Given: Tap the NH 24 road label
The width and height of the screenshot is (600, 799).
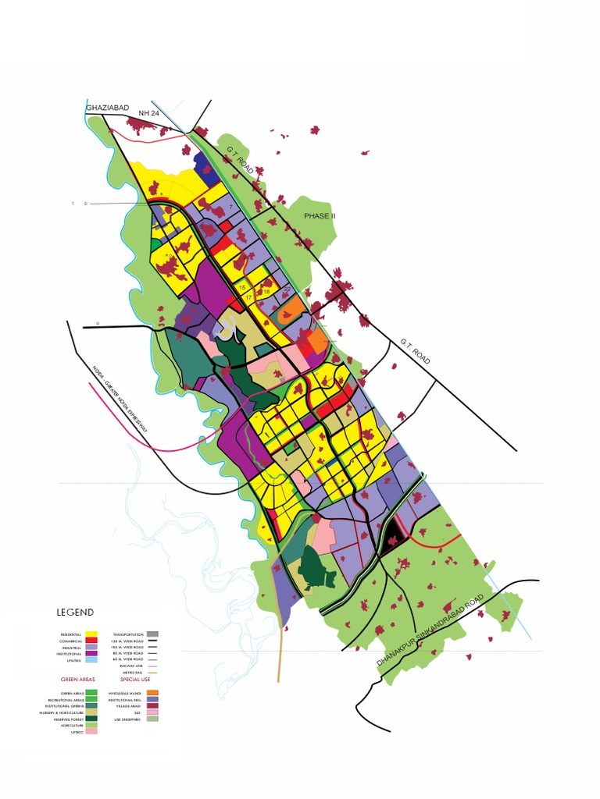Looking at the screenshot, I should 148,114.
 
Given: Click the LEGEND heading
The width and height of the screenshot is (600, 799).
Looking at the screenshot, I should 75,613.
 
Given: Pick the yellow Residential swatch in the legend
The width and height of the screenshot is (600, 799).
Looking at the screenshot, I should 91,634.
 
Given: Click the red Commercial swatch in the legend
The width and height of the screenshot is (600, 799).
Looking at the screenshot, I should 91,641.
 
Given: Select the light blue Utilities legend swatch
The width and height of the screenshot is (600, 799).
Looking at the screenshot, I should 91,660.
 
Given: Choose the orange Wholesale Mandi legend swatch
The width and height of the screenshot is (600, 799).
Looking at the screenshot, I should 152,692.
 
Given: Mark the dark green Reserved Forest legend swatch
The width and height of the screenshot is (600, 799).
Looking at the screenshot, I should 91,718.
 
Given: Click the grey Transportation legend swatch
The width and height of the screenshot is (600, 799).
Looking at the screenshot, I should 152,634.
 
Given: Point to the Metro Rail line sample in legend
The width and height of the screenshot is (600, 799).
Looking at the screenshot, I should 152,673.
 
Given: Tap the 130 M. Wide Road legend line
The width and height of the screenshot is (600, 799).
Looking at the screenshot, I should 152,641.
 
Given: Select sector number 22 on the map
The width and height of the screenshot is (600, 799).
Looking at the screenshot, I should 287,289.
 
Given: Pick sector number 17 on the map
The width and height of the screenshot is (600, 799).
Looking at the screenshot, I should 248,298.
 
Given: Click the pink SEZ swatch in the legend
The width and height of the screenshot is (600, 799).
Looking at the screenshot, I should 152,712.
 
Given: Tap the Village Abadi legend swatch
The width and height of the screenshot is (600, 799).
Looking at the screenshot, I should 152,705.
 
